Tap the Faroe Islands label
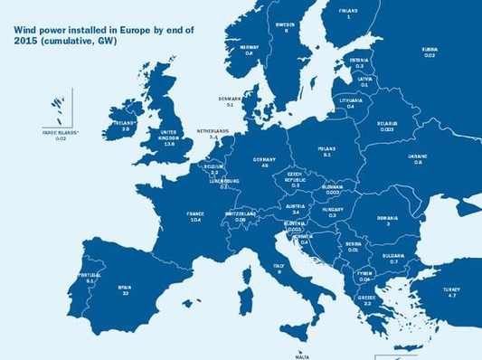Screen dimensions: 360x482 (61, 135)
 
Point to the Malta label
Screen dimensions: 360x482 (301, 355)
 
